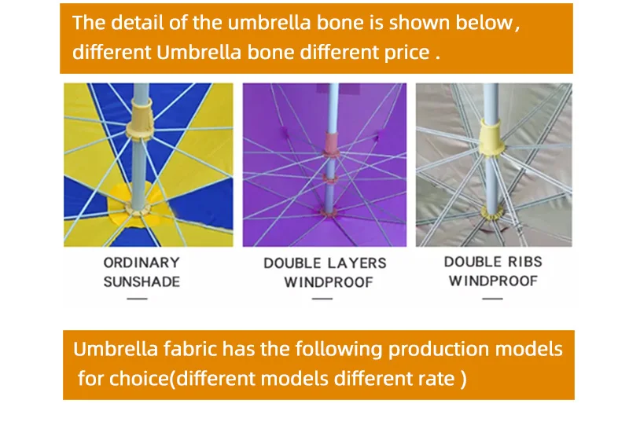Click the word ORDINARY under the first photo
point(142,263)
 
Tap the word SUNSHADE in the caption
point(142,281)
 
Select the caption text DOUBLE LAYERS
point(325,263)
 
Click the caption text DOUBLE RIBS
point(493,262)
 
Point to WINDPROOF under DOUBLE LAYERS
point(328,282)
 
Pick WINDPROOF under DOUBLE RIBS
point(493,281)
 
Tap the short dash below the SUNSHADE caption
point(137,299)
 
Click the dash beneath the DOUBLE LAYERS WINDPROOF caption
point(322,299)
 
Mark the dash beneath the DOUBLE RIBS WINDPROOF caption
point(492,299)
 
